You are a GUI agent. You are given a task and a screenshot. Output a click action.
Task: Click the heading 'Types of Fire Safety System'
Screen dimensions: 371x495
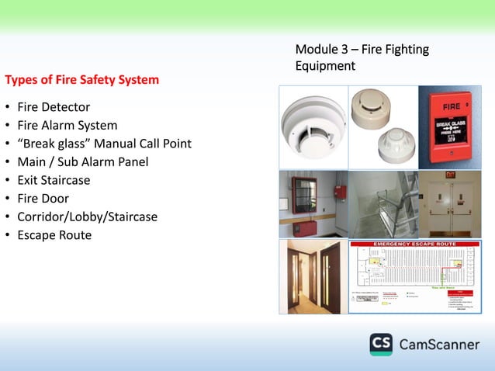pyautogui.click(x=82, y=79)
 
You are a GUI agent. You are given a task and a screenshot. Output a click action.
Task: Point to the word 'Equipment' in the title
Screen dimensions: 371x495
pyautogui.click(x=325, y=67)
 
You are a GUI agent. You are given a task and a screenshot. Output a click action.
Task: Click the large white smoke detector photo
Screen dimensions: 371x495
pyautogui.click(x=313, y=128)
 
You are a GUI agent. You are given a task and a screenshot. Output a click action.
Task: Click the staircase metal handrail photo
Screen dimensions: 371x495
pyautogui.click(x=382, y=204)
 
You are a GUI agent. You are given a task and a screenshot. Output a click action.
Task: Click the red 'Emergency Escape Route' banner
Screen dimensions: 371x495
pyautogui.click(x=415, y=245)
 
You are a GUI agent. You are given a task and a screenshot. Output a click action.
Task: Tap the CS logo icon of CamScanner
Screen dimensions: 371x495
pyautogui.click(x=380, y=345)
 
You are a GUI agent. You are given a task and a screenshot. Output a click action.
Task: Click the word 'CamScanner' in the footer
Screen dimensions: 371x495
pyautogui.click(x=439, y=345)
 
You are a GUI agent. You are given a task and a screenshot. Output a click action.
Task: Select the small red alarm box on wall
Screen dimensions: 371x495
pyautogui.click(x=339, y=192)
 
